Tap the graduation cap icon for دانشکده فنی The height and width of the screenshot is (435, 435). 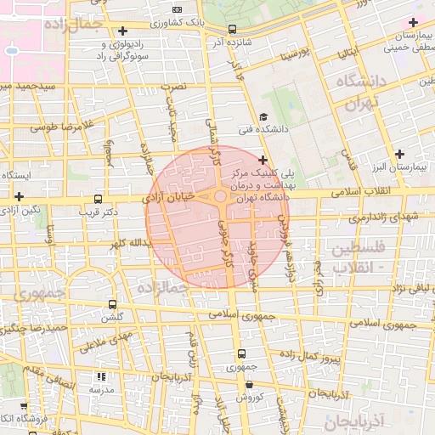pyautogui.click(x=263, y=117)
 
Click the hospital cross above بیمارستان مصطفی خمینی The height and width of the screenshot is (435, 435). pyautogui.click(x=414, y=21)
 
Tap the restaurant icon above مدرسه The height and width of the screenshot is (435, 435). pyautogui.click(x=102, y=376)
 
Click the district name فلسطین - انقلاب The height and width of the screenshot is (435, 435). pyautogui.click(x=356, y=257)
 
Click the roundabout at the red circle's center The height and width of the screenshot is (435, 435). pyautogui.click(x=220, y=197)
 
